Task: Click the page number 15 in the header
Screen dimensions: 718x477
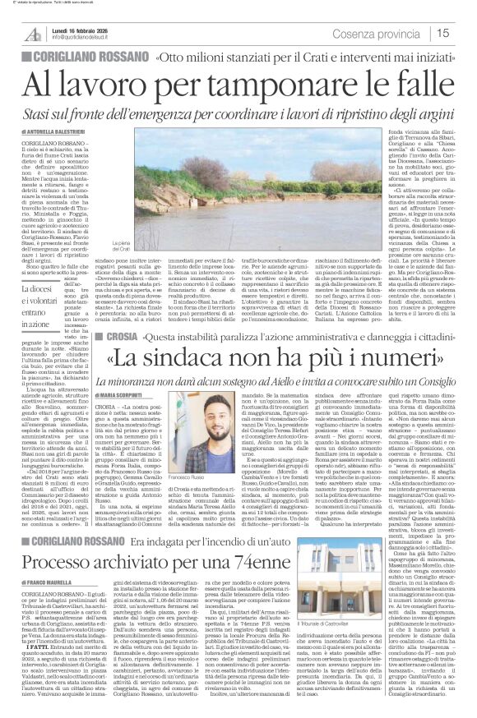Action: [464, 33]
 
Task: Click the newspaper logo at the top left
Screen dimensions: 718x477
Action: [32, 34]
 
